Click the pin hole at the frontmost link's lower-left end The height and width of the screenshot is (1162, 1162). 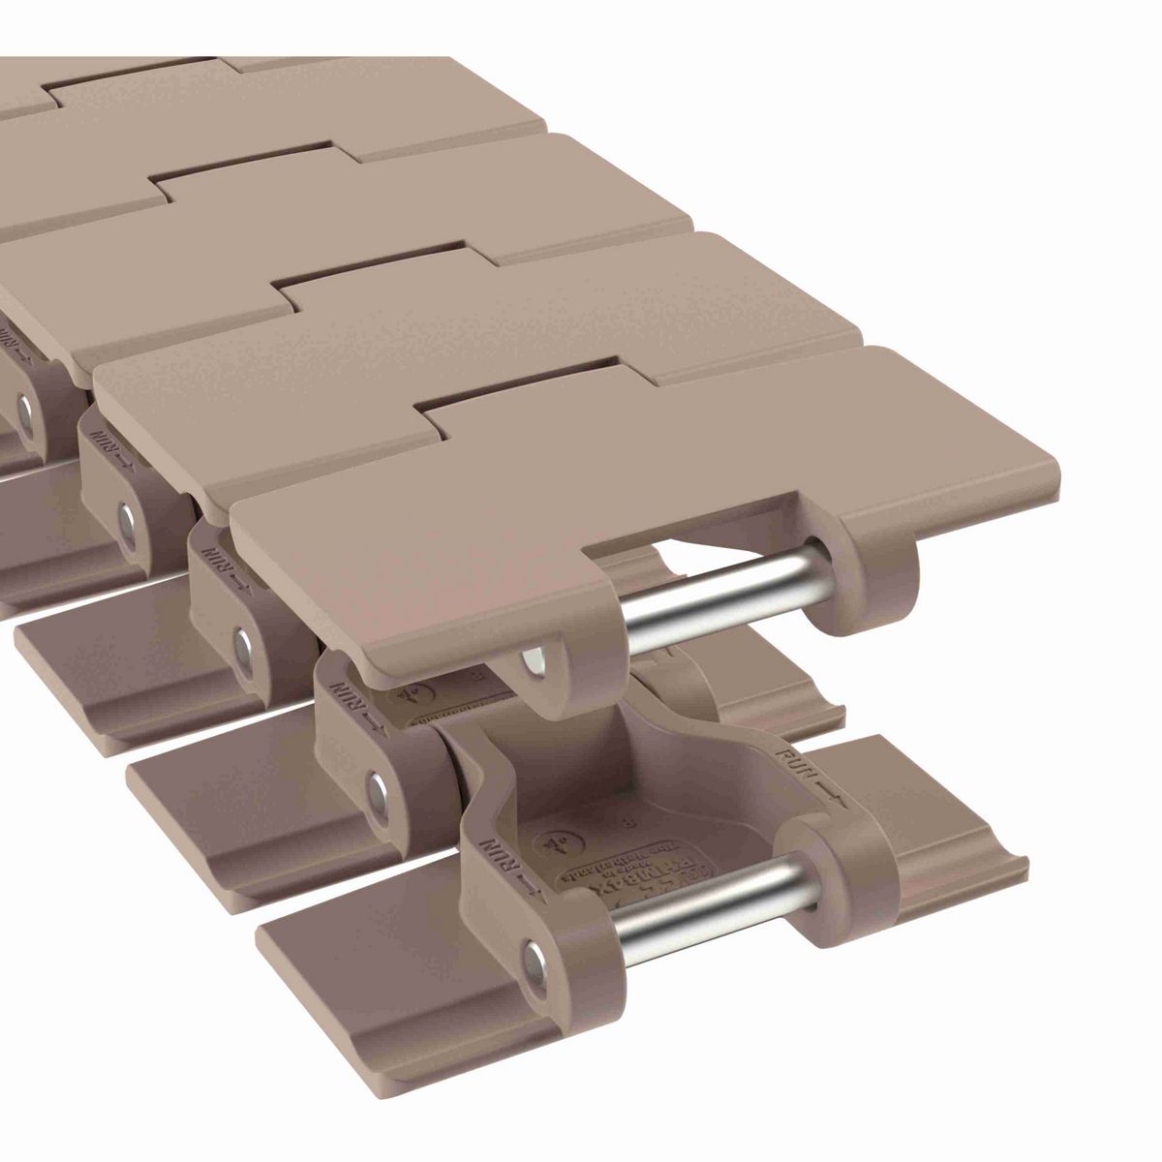point(535,964)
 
